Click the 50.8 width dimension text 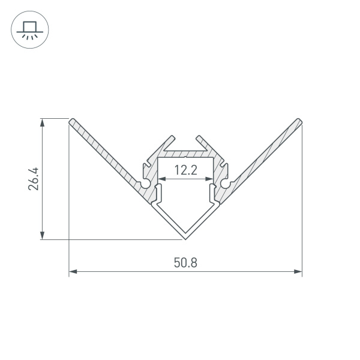tap(185, 262)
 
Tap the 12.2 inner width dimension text tap(185, 170)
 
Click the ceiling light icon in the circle tap(29, 29)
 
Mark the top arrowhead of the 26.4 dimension tap(42, 122)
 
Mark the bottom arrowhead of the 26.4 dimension tap(42, 236)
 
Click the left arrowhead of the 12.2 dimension tap(161, 179)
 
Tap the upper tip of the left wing tap(72, 122)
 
